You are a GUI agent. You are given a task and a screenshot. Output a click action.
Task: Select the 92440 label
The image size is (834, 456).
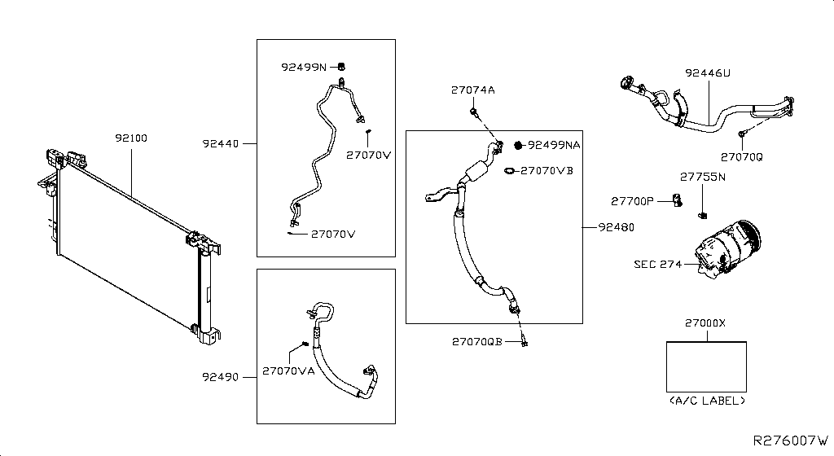point(221,144)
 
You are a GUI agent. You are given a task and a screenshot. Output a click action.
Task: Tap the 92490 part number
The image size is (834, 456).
point(221,377)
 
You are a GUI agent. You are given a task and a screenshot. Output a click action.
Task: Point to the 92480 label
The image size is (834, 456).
point(615,227)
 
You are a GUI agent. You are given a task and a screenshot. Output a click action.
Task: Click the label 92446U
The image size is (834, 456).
point(707,73)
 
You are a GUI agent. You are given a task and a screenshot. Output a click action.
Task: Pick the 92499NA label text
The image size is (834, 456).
point(554,145)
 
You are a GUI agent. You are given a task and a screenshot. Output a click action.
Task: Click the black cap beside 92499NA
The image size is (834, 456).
point(517,145)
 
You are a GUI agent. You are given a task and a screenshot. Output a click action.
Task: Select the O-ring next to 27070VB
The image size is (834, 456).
point(509,171)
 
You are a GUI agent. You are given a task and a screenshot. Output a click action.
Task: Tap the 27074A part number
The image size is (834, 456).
point(472,90)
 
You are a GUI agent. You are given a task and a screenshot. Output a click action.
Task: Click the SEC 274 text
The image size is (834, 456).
point(656,264)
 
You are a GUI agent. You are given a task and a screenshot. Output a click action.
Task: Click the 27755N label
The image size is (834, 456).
point(703,176)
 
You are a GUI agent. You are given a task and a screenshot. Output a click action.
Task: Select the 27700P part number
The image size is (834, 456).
point(633,200)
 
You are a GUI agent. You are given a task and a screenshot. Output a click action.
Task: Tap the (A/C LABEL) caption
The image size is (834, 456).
point(706,401)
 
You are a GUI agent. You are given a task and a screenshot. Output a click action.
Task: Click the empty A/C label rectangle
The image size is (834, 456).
point(706,366)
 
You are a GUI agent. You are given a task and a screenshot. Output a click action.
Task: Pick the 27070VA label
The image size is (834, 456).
point(288,371)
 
